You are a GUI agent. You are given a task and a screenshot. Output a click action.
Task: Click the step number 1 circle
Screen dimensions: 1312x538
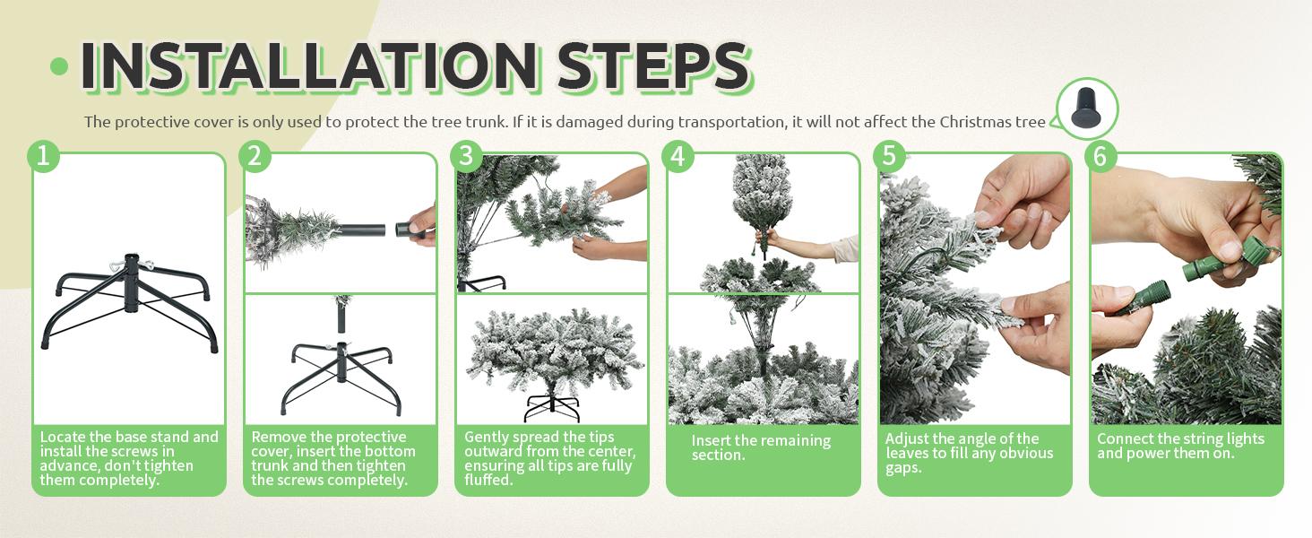[43, 157]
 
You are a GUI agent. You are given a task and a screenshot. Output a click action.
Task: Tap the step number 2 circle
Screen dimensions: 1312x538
[255, 157]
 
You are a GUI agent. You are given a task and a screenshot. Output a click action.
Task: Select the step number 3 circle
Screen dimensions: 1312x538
[466, 157]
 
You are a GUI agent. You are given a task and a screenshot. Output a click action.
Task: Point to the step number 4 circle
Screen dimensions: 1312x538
[678, 157]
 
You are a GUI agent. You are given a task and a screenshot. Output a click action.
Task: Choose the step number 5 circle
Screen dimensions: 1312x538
[889, 157]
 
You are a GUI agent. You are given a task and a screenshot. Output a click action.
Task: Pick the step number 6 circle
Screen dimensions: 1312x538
[1101, 157]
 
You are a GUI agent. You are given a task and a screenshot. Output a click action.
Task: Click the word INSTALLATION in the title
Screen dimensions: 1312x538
[308, 65]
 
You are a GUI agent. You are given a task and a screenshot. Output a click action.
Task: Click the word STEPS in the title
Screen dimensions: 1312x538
[653, 65]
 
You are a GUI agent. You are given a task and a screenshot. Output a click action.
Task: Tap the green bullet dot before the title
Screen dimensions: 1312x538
[59, 66]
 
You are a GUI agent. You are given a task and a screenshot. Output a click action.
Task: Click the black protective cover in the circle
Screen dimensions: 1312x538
[1086, 108]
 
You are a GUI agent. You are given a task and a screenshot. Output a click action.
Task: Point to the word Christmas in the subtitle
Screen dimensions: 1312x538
[975, 122]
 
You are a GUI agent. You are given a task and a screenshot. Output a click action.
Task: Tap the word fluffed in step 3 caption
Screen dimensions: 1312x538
[488, 480]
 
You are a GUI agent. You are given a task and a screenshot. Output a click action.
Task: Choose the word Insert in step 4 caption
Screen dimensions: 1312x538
[711, 441]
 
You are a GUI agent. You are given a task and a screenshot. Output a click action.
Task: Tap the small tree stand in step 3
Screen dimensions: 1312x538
[552, 407]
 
